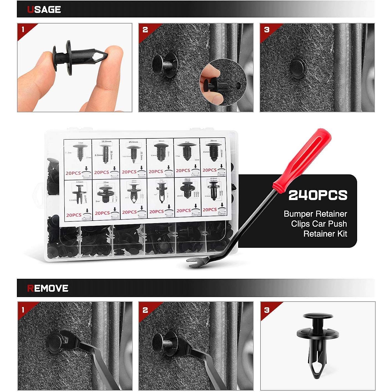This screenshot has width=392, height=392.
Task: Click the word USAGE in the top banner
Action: pos(44,9)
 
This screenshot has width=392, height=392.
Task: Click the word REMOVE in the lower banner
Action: pos(48,288)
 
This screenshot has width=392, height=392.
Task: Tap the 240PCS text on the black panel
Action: pos(318,195)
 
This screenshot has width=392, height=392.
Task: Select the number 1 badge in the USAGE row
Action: pos(23,29)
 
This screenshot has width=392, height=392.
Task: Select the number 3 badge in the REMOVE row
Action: pos(266,310)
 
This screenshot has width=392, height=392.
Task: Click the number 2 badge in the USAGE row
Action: pos(145,30)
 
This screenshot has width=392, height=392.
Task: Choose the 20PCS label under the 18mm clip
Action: pos(73,173)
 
